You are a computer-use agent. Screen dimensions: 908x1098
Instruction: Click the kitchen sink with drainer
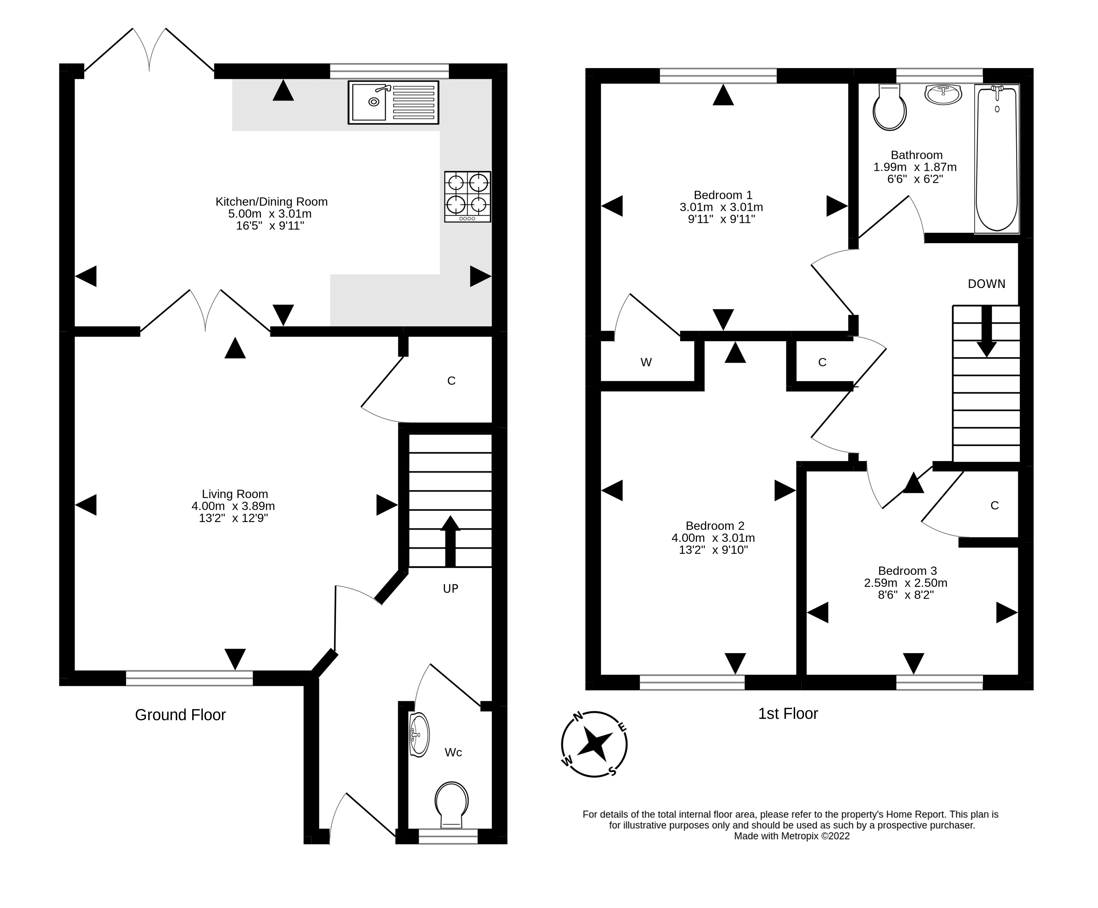[393, 102]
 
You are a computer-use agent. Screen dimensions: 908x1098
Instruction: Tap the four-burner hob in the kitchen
[467, 196]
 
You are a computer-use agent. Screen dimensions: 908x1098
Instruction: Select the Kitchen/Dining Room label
[271, 202]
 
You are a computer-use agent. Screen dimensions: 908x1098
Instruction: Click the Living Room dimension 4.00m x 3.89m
[233, 506]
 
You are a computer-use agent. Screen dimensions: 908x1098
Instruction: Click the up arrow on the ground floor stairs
[450, 541]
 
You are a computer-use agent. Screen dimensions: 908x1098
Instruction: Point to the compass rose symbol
[594, 743]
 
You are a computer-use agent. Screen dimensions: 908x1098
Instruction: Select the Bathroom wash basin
[943, 95]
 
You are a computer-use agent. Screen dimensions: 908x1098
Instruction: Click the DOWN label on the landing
[986, 284]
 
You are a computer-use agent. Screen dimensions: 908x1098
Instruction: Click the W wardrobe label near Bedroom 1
[646, 362]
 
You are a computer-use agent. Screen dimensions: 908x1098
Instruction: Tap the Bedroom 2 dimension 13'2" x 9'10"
[713, 550]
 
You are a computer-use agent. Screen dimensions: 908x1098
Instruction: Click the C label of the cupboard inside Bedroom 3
[995, 505]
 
